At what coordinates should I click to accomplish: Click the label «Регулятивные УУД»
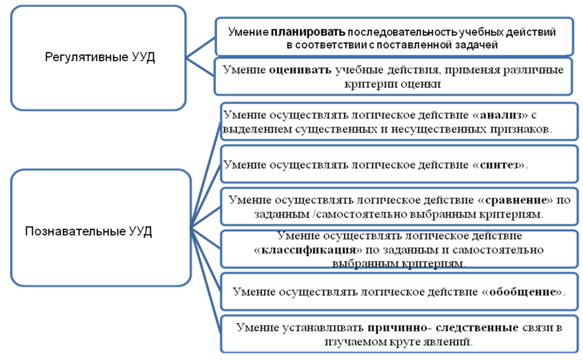pos(100,57)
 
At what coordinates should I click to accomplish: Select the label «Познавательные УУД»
pos(89,231)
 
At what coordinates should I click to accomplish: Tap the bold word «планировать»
pos(308,32)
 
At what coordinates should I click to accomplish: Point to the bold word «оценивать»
pos(300,70)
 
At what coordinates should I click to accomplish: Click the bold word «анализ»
pos(501,115)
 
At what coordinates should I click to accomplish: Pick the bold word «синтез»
pos(499,165)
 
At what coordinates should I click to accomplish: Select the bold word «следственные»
pos(477,328)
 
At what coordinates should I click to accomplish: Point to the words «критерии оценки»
pos(393,84)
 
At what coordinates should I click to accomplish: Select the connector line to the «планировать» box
pos(201,48)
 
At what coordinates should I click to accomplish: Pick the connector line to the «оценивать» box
pos(200,67)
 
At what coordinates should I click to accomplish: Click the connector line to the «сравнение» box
pos(206,217)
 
